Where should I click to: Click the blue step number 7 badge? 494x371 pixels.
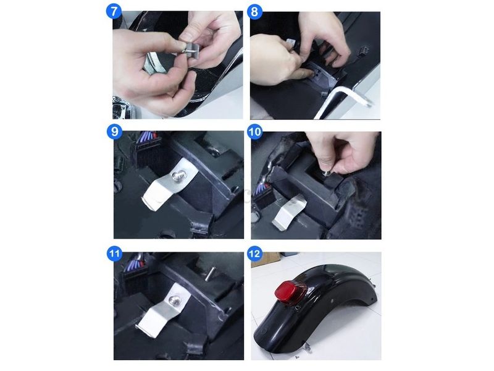[114, 12]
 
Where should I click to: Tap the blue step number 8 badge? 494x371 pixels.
[255, 12]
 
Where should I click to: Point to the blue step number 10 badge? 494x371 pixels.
[255, 132]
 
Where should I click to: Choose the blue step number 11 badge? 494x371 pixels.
[115, 254]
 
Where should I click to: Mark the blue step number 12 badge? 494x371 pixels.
[255, 254]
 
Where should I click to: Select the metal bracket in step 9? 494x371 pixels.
[169, 184]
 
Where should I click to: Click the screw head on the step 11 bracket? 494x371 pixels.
[174, 301]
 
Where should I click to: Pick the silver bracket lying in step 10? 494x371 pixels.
[288, 212]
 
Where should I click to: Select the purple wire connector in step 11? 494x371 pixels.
[134, 262]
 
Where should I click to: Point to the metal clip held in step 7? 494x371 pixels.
[189, 48]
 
